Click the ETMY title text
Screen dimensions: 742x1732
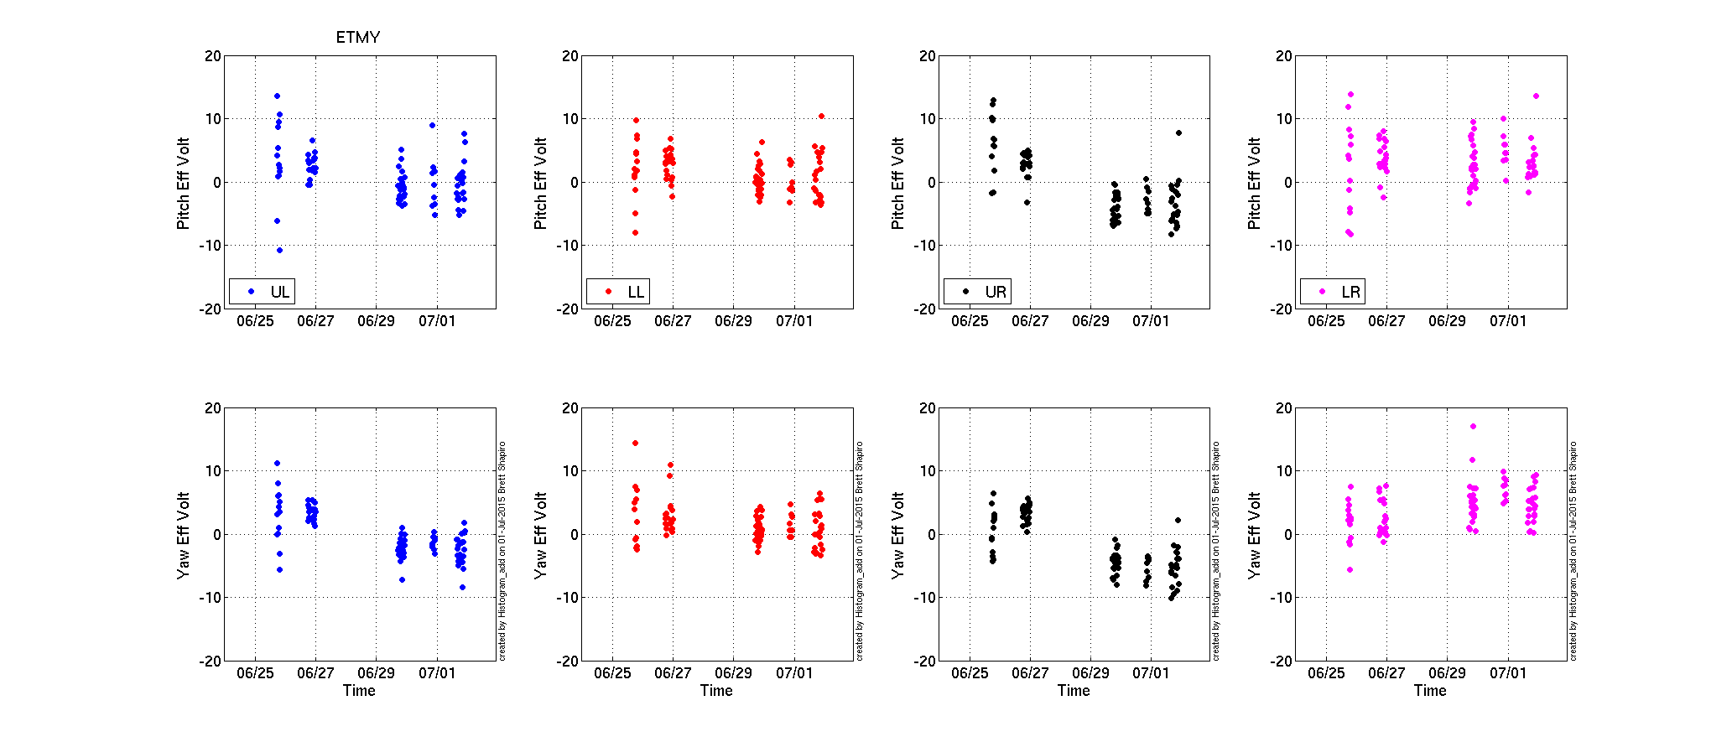(358, 38)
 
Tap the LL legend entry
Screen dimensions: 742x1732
(627, 292)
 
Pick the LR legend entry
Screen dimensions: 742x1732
(1341, 292)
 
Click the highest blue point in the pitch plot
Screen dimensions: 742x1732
(277, 96)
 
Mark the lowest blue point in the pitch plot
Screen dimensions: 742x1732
(279, 250)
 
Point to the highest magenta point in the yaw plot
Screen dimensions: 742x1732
(1473, 427)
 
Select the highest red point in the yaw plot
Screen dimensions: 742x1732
(635, 443)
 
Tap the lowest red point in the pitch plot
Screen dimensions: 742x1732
(635, 232)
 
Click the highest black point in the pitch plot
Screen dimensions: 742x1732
(994, 101)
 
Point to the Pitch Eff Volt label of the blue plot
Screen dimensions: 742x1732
(183, 183)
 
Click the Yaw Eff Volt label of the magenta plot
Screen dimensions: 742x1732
(1254, 535)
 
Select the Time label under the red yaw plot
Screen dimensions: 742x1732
(716, 691)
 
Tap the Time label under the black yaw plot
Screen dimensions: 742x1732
(1074, 691)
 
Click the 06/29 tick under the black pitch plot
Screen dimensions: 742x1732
(1090, 321)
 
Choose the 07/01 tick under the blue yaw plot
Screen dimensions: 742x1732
(437, 673)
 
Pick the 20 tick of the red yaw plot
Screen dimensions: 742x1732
(570, 408)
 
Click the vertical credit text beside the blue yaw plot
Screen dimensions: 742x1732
(502, 552)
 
